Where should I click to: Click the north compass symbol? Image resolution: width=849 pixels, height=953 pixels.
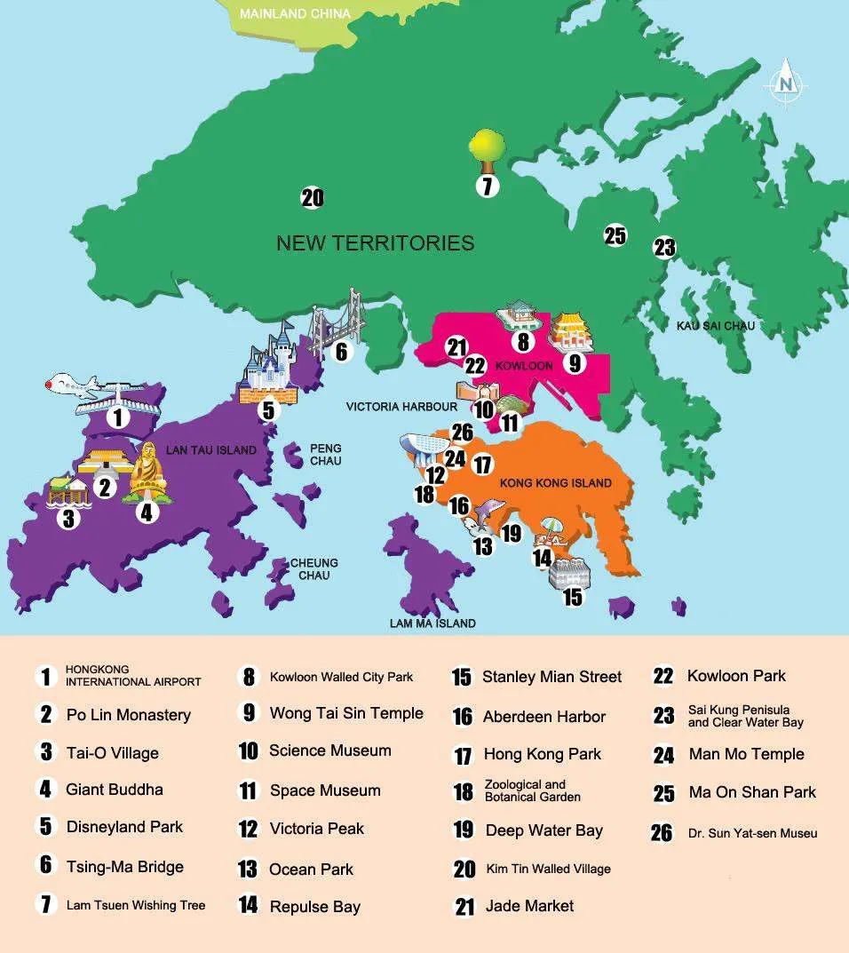[786, 82]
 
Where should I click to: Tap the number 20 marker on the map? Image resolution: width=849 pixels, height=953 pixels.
[312, 198]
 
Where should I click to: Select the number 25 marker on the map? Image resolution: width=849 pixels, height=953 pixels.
[615, 235]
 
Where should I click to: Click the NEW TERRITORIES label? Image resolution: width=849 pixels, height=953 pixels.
[375, 242]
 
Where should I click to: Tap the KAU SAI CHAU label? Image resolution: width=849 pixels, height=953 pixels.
[715, 326]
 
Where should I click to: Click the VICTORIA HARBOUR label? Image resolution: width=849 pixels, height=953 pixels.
[401, 407]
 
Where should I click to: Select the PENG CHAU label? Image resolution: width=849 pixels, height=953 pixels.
[325, 455]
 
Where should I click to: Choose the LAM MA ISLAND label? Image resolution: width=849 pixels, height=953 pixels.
[432, 623]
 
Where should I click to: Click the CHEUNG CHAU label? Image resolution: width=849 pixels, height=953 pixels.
[314, 569]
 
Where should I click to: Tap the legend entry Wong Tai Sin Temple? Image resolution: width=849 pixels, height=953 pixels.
[346, 713]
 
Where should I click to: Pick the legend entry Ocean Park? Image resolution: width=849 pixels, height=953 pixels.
[311, 870]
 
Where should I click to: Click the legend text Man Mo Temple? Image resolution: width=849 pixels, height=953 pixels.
[746, 754]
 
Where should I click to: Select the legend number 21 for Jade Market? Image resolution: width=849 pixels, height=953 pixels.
[464, 907]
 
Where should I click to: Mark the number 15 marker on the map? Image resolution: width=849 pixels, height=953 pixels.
[573, 597]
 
